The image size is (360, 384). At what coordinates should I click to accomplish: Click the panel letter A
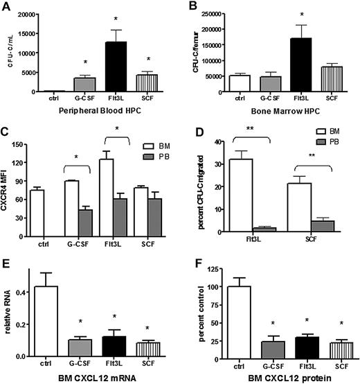click(x=6, y=7)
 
